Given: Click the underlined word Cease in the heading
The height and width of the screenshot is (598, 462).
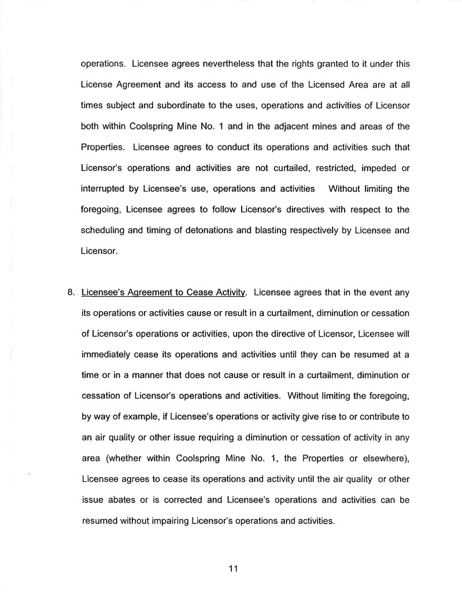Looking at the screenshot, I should [x=196, y=292].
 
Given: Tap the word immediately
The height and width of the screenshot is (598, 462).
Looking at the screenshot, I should [x=107, y=355].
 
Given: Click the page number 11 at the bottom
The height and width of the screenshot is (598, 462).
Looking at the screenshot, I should [x=233, y=568].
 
